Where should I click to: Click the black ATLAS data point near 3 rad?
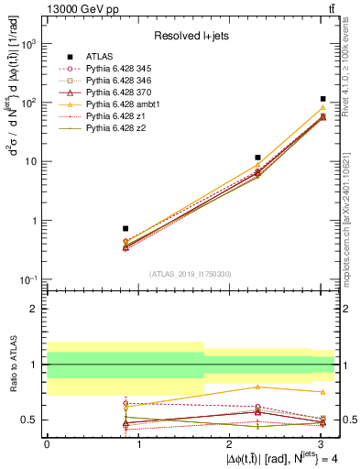(x=323, y=99)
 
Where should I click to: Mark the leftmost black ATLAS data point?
(x=125, y=228)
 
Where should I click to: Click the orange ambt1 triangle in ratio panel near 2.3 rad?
(x=258, y=387)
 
